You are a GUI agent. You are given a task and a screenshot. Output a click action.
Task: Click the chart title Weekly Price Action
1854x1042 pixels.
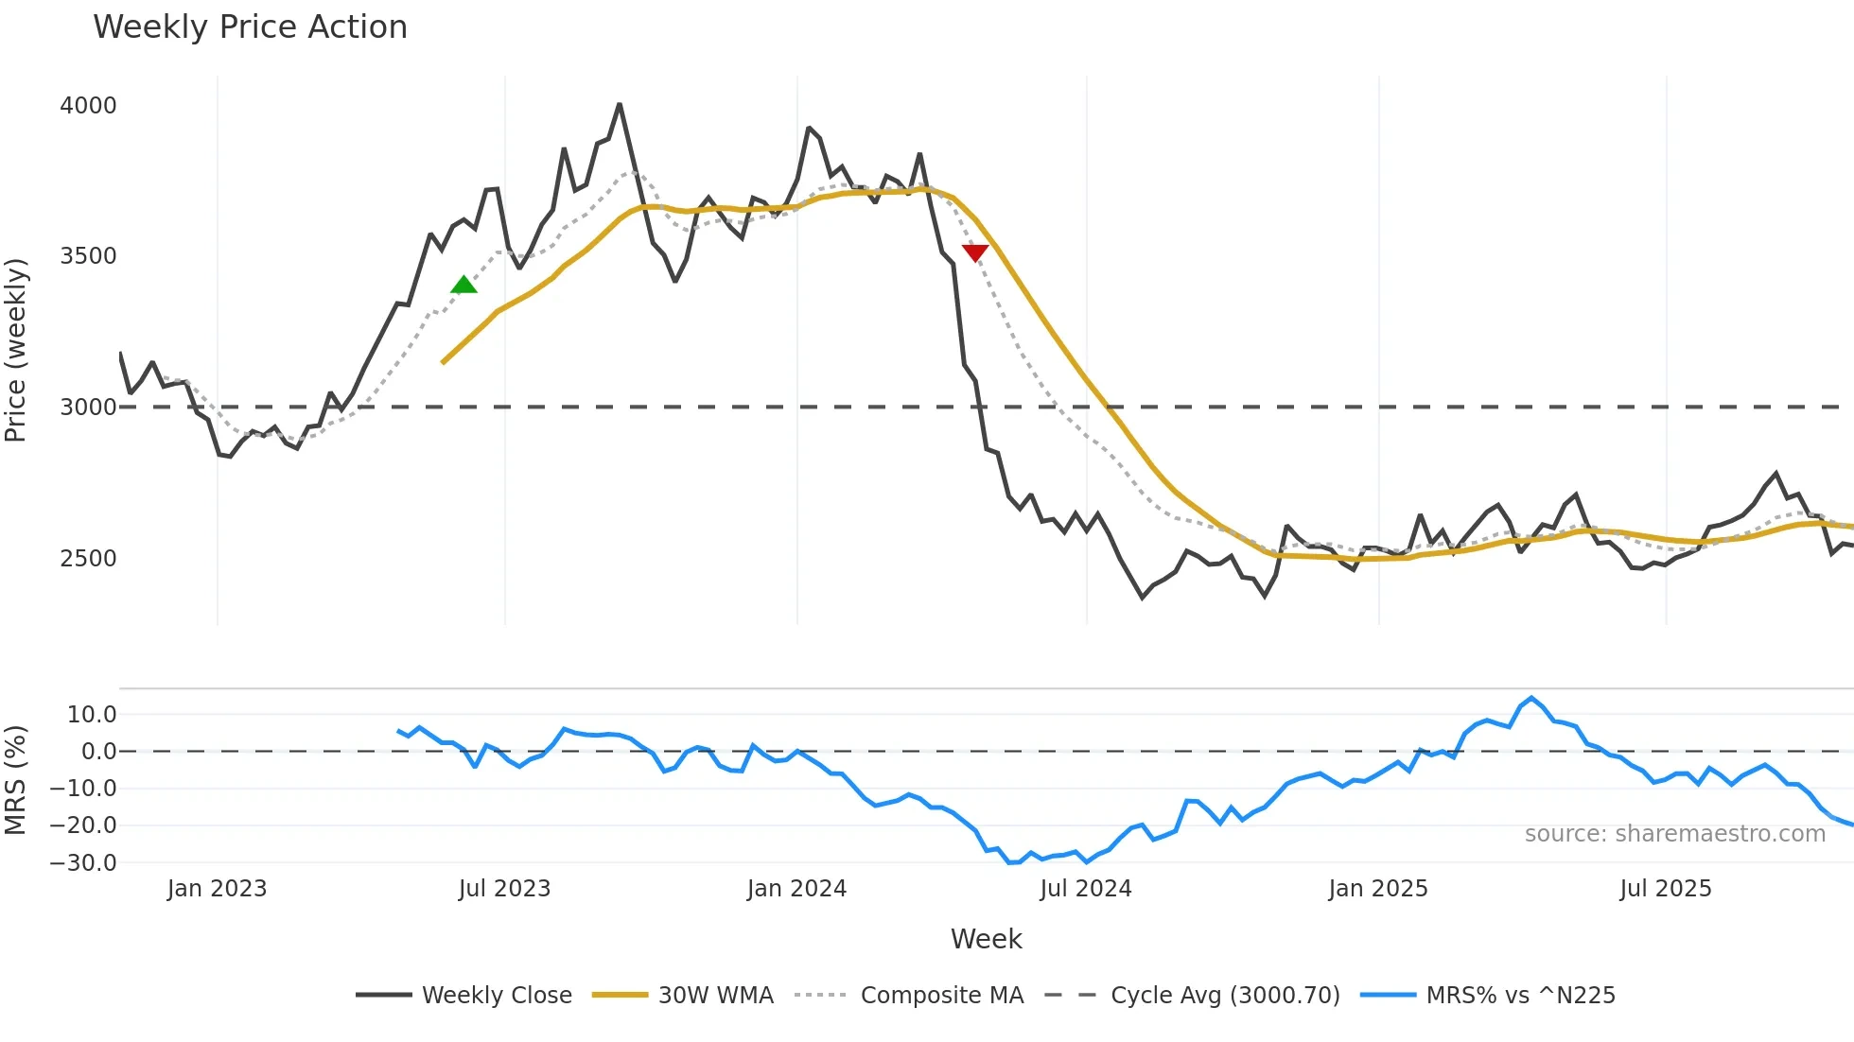click(x=250, y=27)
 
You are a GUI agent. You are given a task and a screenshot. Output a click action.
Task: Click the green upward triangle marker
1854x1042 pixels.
click(x=463, y=285)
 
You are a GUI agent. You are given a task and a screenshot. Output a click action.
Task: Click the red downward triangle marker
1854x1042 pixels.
click(x=975, y=252)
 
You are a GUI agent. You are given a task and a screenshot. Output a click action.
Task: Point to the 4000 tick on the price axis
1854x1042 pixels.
click(x=88, y=105)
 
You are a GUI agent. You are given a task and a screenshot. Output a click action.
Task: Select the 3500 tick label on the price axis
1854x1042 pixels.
click(x=88, y=256)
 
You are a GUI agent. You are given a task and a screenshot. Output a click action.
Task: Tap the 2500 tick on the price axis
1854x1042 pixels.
click(x=88, y=558)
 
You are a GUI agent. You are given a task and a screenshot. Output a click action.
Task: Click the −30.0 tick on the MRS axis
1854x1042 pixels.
click(x=83, y=862)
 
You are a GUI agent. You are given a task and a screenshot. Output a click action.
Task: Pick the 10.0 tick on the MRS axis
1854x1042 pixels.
click(x=92, y=715)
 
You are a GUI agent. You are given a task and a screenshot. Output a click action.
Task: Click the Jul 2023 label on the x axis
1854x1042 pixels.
click(x=504, y=889)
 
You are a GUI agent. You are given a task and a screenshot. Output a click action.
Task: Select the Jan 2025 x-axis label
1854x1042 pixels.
click(x=1377, y=889)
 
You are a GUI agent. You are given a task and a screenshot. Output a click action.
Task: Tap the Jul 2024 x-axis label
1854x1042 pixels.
click(x=1086, y=889)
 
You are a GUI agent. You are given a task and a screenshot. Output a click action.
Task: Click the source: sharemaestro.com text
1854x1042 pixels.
click(x=1674, y=834)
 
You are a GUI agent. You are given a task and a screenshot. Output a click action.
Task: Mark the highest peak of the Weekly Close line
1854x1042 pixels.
click(x=620, y=104)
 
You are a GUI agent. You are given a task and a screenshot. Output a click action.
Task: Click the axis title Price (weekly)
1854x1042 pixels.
click(x=15, y=350)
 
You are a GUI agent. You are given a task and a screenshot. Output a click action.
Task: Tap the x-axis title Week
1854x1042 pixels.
click(x=986, y=939)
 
